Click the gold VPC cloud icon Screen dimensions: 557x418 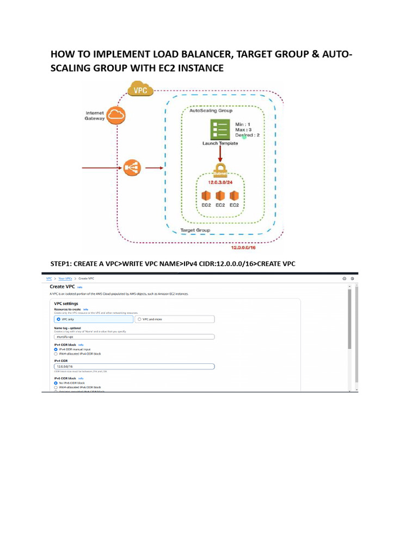pos(141,90)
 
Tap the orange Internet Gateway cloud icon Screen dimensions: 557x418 pos(116,114)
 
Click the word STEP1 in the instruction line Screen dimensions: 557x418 pos(62,264)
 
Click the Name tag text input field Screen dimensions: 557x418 pos(134,337)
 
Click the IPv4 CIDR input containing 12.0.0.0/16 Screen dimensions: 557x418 pos(134,366)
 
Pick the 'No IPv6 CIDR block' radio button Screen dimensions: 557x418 pos(56,382)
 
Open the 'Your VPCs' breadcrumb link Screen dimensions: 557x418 pos(65,278)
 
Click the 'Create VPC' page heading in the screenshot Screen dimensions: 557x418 pos(62,286)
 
